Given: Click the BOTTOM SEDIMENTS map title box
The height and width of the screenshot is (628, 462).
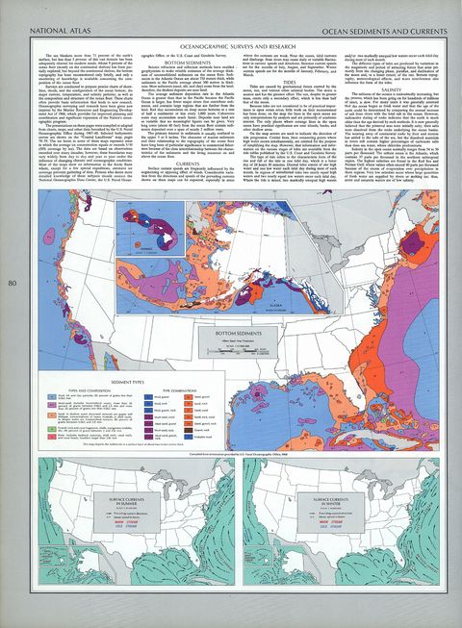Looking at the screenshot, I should click(232, 333).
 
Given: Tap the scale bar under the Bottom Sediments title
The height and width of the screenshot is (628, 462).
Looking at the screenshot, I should click(232, 348).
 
